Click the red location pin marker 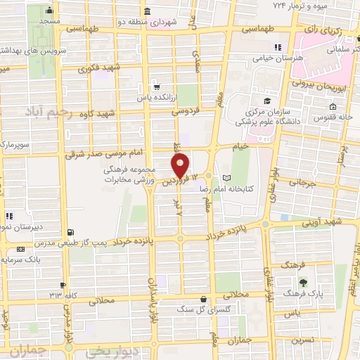coord(181,167)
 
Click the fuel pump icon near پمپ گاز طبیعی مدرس coord(69,233)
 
